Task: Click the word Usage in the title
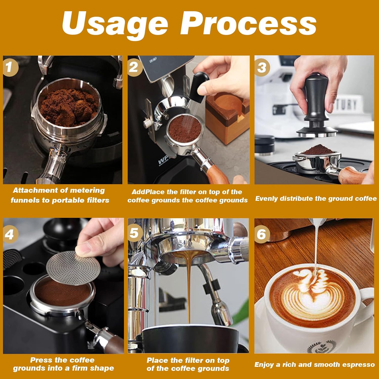(115, 23)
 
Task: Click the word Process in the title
(248, 23)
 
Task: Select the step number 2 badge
(134, 67)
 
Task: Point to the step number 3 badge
(262, 67)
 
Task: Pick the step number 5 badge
(134, 233)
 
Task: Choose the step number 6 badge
(262, 234)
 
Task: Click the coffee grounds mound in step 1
(68, 106)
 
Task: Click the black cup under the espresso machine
(189, 339)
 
